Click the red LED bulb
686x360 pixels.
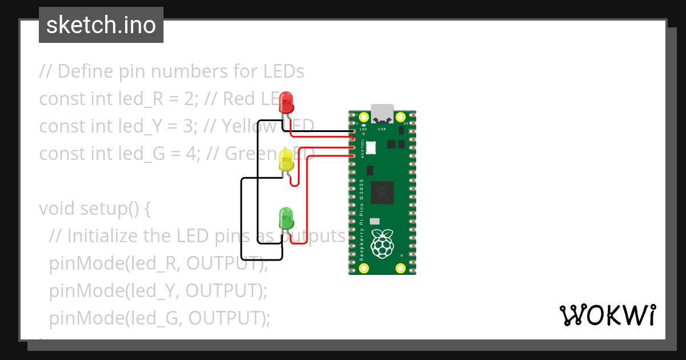(286, 103)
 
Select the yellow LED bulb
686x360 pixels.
(286, 161)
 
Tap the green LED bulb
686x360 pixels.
(286, 218)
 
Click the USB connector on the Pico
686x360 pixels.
(382, 114)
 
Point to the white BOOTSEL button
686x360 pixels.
(371, 147)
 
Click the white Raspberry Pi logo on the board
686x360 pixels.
(382, 243)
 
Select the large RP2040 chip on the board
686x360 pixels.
(382, 193)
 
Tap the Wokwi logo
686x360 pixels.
(607, 315)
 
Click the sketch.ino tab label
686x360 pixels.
(101, 25)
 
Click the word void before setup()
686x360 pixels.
(56, 209)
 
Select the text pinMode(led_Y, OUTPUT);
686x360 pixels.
(158, 291)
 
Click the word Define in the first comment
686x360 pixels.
(84, 71)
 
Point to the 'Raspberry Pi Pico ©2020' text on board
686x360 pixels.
(361, 219)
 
